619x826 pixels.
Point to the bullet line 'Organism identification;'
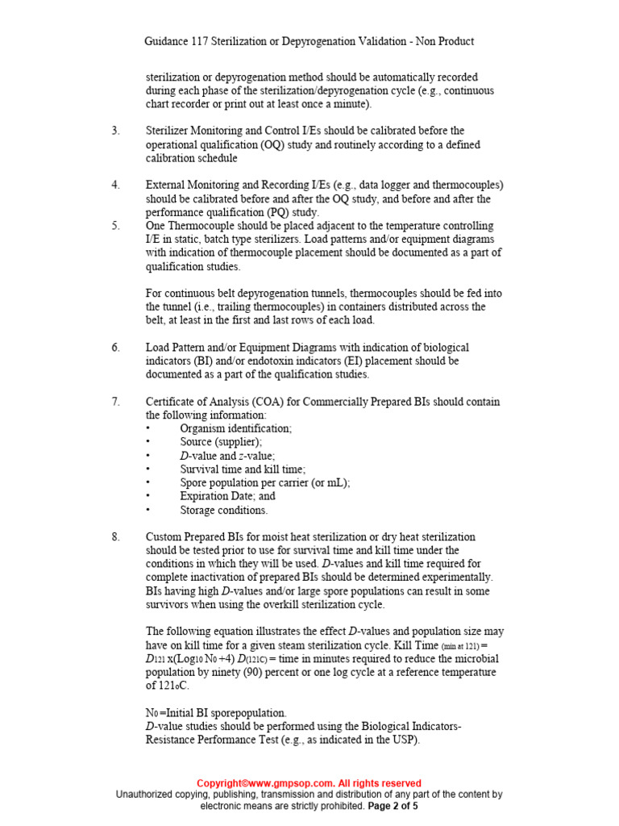235,429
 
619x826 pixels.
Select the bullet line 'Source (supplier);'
221,442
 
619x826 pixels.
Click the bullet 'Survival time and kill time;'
243,469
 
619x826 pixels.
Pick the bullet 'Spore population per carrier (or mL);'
264,483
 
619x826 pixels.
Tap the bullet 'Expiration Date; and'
227,497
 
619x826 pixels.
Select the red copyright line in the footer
309,783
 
